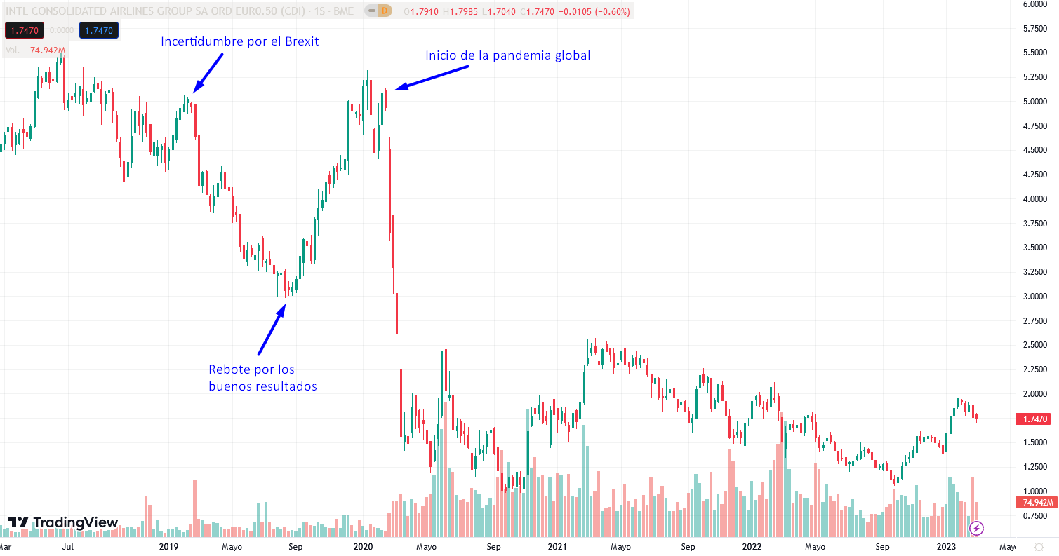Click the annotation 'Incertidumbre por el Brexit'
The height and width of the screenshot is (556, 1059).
[x=240, y=41]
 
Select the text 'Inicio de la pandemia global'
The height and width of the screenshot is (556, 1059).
[x=507, y=55]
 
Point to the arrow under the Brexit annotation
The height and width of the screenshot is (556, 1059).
[x=208, y=72]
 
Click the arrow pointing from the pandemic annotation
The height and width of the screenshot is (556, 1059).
[x=431, y=78]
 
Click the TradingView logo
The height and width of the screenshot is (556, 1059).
[x=63, y=522]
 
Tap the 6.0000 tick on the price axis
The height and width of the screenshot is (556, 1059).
[x=1034, y=4]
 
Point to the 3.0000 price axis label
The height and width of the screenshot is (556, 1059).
[x=1034, y=297]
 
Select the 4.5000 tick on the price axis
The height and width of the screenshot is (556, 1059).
[x=1034, y=150]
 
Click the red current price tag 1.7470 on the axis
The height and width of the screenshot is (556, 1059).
[x=1035, y=419]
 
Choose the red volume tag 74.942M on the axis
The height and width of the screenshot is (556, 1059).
[x=1035, y=503]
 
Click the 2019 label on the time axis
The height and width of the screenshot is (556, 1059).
[x=168, y=546]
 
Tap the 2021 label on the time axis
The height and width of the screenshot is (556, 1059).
[x=557, y=546]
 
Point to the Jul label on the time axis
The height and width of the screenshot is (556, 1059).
[x=68, y=546]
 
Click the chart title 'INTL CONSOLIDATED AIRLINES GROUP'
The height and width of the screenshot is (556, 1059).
[x=133, y=11]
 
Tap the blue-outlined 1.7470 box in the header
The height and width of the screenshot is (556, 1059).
[x=99, y=30]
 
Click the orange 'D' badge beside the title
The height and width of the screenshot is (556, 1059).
[x=383, y=11]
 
